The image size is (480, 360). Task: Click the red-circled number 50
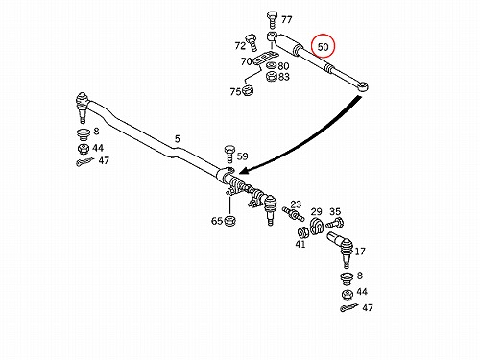tap(323, 47)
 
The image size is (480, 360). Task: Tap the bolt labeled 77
tap(272, 20)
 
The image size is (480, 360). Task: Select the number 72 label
tap(240, 46)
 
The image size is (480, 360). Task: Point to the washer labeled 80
tap(272, 66)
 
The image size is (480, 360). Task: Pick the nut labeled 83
tap(272, 77)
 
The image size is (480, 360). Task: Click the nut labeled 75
tap(248, 90)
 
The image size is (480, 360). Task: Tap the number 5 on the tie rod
tap(178, 138)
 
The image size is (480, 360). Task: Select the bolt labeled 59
tap(229, 154)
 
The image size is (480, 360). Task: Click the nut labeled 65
tap(229, 221)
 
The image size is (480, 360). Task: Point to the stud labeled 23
tap(293, 213)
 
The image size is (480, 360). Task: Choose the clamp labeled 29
tap(317, 226)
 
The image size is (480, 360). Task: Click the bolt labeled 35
tap(335, 223)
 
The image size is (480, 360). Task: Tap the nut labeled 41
tap(302, 231)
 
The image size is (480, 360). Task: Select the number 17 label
tap(360, 252)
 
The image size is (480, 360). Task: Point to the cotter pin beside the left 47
tap(84, 162)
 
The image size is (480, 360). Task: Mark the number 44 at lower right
tap(362, 292)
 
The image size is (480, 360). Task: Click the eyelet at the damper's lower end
tap(363, 86)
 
